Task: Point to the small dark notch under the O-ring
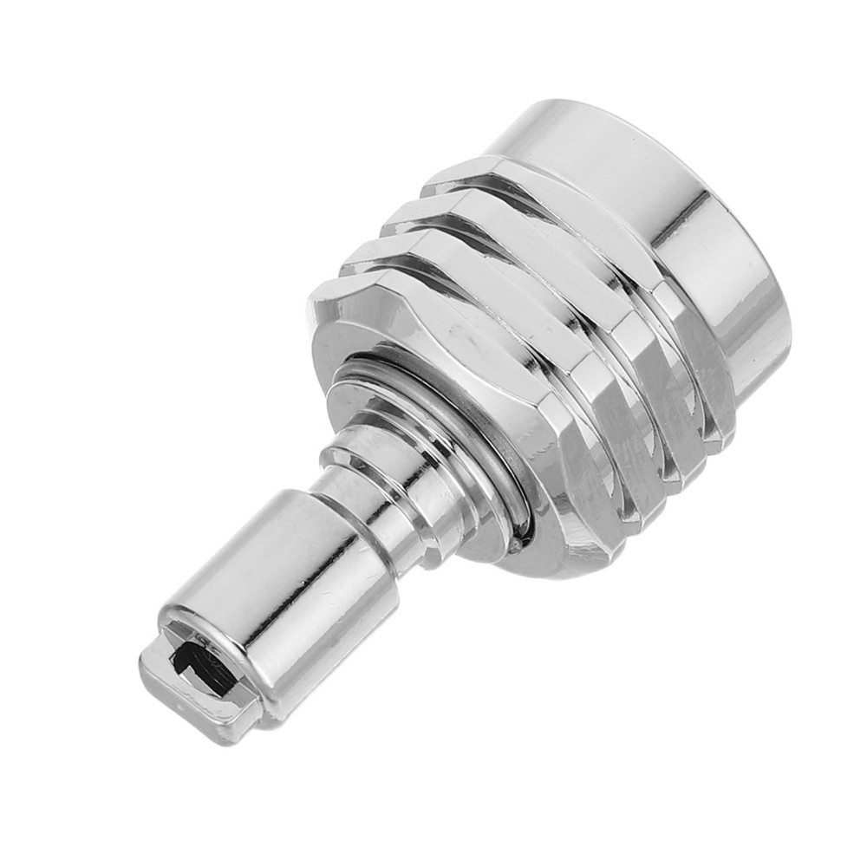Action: tap(517, 546)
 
